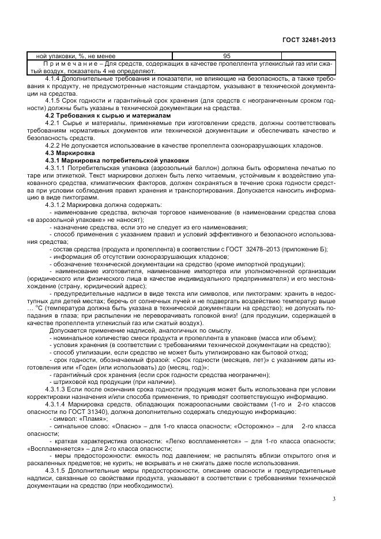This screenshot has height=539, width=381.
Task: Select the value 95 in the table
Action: [227, 56]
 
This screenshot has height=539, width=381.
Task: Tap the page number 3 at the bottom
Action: [334, 499]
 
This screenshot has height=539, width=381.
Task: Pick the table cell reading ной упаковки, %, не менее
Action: [64, 56]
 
